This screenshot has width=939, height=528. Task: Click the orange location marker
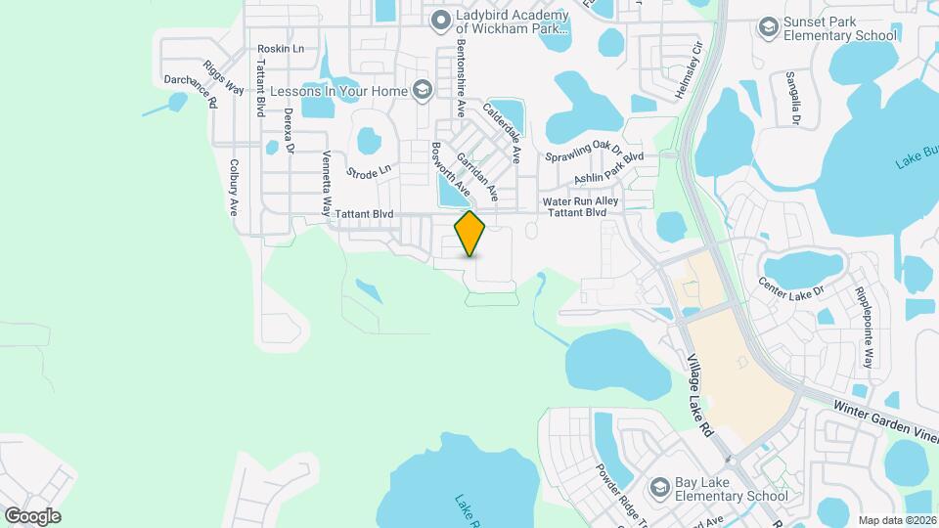pos(469,234)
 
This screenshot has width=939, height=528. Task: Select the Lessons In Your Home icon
pos(423,91)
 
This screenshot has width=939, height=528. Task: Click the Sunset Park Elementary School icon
pos(769,25)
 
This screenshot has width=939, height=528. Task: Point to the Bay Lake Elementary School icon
pos(660,486)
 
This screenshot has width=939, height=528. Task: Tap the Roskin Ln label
pos(281,48)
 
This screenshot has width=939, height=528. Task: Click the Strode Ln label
pos(369,170)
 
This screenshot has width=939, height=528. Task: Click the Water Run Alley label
pos(581,201)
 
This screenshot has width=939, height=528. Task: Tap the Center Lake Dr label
pos(790,290)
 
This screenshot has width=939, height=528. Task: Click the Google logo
pos(32,515)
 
